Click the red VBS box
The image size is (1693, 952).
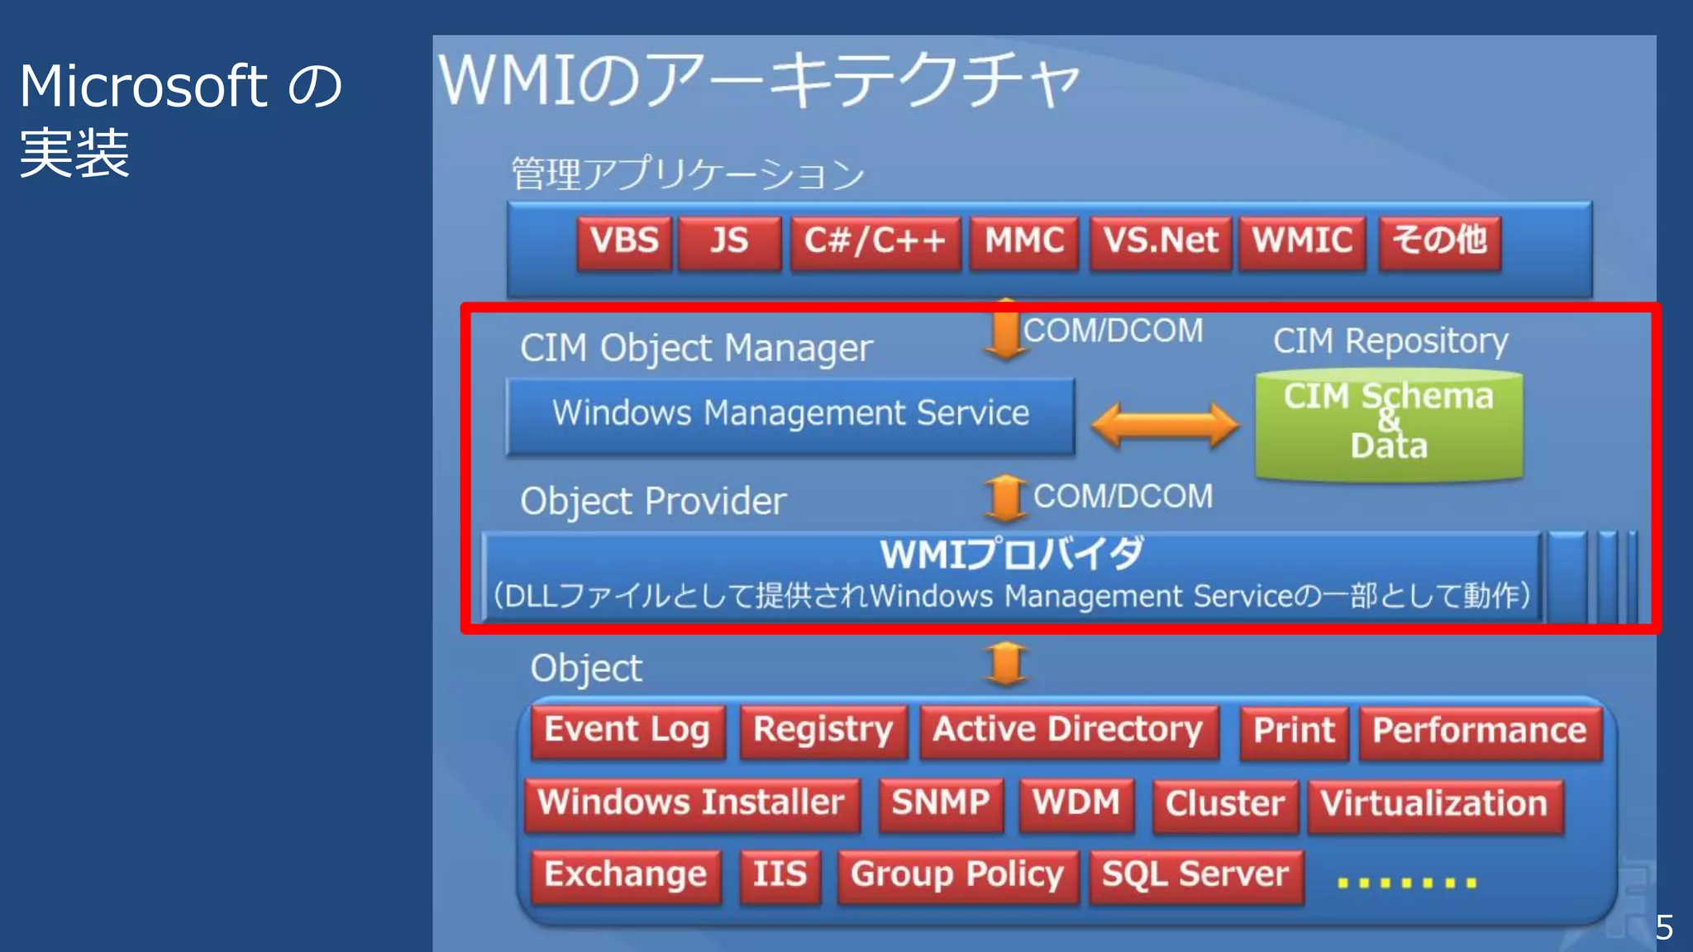click(x=624, y=242)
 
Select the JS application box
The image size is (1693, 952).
click(x=729, y=242)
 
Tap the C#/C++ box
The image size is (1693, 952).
click(x=875, y=242)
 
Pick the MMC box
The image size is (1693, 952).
click(x=1024, y=242)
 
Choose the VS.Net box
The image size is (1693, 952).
click(x=1161, y=242)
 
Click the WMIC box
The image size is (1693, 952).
click(x=1302, y=242)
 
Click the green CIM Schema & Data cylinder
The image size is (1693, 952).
click(x=1389, y=423)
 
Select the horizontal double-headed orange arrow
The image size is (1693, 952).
click(x=1165, y=425)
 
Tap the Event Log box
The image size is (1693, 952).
click(x=627, y=731)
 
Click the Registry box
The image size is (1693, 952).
click(x=823, y=731)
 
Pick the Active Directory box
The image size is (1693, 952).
click(x=1068, y=731)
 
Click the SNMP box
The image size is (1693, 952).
click(x=941, y=804)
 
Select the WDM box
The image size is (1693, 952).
click(x=1076, y=804)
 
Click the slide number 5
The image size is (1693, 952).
click(x=1664, y=928)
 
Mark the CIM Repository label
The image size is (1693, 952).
click(x=1390, y=341)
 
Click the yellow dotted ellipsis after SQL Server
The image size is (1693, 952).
click(x=1407, y=883)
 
